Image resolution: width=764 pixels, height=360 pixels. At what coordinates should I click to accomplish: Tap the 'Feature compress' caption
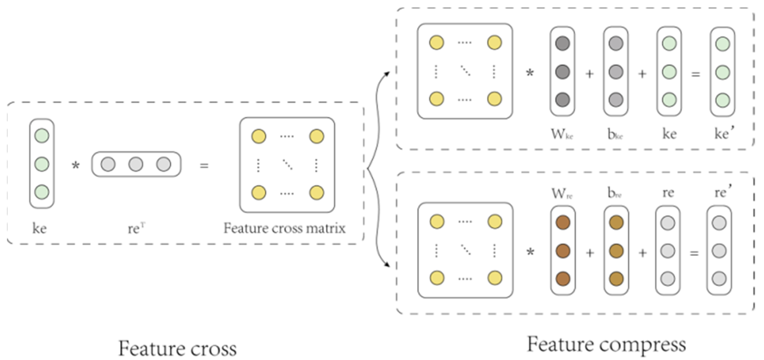click(606, 345)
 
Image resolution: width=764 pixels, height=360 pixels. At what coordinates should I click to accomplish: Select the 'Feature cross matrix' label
click(284, 228)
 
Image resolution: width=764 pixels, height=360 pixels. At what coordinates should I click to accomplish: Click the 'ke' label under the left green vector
click(40, 228)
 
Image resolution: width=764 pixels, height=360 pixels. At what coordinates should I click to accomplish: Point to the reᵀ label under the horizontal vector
click(137, 228)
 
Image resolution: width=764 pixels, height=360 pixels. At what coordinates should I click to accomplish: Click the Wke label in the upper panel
click(562, 134)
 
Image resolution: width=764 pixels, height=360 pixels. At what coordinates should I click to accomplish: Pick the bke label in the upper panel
click(615, 134)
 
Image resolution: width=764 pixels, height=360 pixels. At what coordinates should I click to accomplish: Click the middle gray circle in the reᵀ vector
click(136, 164)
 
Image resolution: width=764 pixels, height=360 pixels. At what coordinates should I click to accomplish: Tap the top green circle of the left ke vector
click(42, 136)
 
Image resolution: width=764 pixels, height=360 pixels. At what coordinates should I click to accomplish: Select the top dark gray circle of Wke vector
click(562, 43)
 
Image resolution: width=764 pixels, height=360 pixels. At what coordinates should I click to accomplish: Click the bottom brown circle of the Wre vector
click(563, 279)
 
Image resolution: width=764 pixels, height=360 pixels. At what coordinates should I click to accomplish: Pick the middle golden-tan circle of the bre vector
click(616, 251)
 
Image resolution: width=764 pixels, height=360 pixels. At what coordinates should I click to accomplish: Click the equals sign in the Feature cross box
click(204, 166)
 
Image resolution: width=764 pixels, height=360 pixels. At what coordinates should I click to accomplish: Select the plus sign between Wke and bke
click(589, 74)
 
